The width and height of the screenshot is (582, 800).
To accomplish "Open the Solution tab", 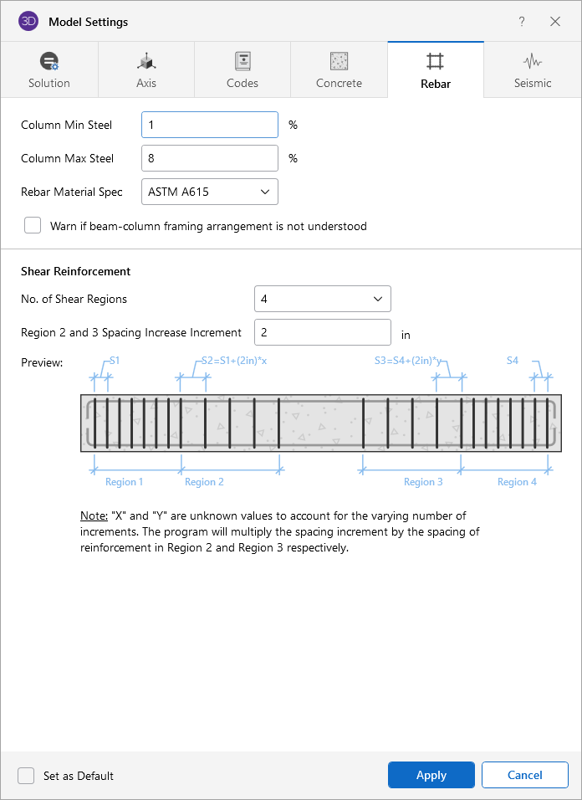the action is (x=49, y=70).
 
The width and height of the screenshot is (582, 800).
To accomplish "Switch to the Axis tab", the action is (x=146, y=70).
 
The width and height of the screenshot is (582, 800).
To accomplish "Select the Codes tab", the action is (x=242, y=70).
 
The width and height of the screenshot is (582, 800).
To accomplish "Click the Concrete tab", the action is (x=339, y=70).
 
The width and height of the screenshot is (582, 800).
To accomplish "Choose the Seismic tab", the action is (x=533, y=70).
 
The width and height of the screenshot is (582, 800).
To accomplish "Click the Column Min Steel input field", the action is (x=210, y=125).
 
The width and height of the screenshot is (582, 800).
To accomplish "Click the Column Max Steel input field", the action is (x=210, y=158).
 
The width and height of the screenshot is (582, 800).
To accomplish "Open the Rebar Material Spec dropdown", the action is (x=210, y=192).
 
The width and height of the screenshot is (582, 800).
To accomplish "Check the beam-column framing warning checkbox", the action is (x=33, y=225).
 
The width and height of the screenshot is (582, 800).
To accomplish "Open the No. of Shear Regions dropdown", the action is (x=323, y=299).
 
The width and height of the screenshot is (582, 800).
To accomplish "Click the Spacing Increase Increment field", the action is (x=323, y=333).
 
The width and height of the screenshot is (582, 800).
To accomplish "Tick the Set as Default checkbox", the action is (x=26, y=776).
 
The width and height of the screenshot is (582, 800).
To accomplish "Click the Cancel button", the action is (x=525, y=775).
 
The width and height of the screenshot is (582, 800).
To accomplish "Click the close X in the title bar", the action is (x=555, y=22).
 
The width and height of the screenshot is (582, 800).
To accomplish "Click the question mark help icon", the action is (x=521, y=22).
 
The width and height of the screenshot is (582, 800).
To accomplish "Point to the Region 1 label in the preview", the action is (x=125, y=482).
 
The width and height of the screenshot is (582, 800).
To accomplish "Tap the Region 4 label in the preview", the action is (x=517, y=482).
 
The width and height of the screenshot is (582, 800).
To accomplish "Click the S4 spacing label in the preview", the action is (x=513, y=361).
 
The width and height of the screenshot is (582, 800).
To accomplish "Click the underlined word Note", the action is (x=94, y=515).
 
